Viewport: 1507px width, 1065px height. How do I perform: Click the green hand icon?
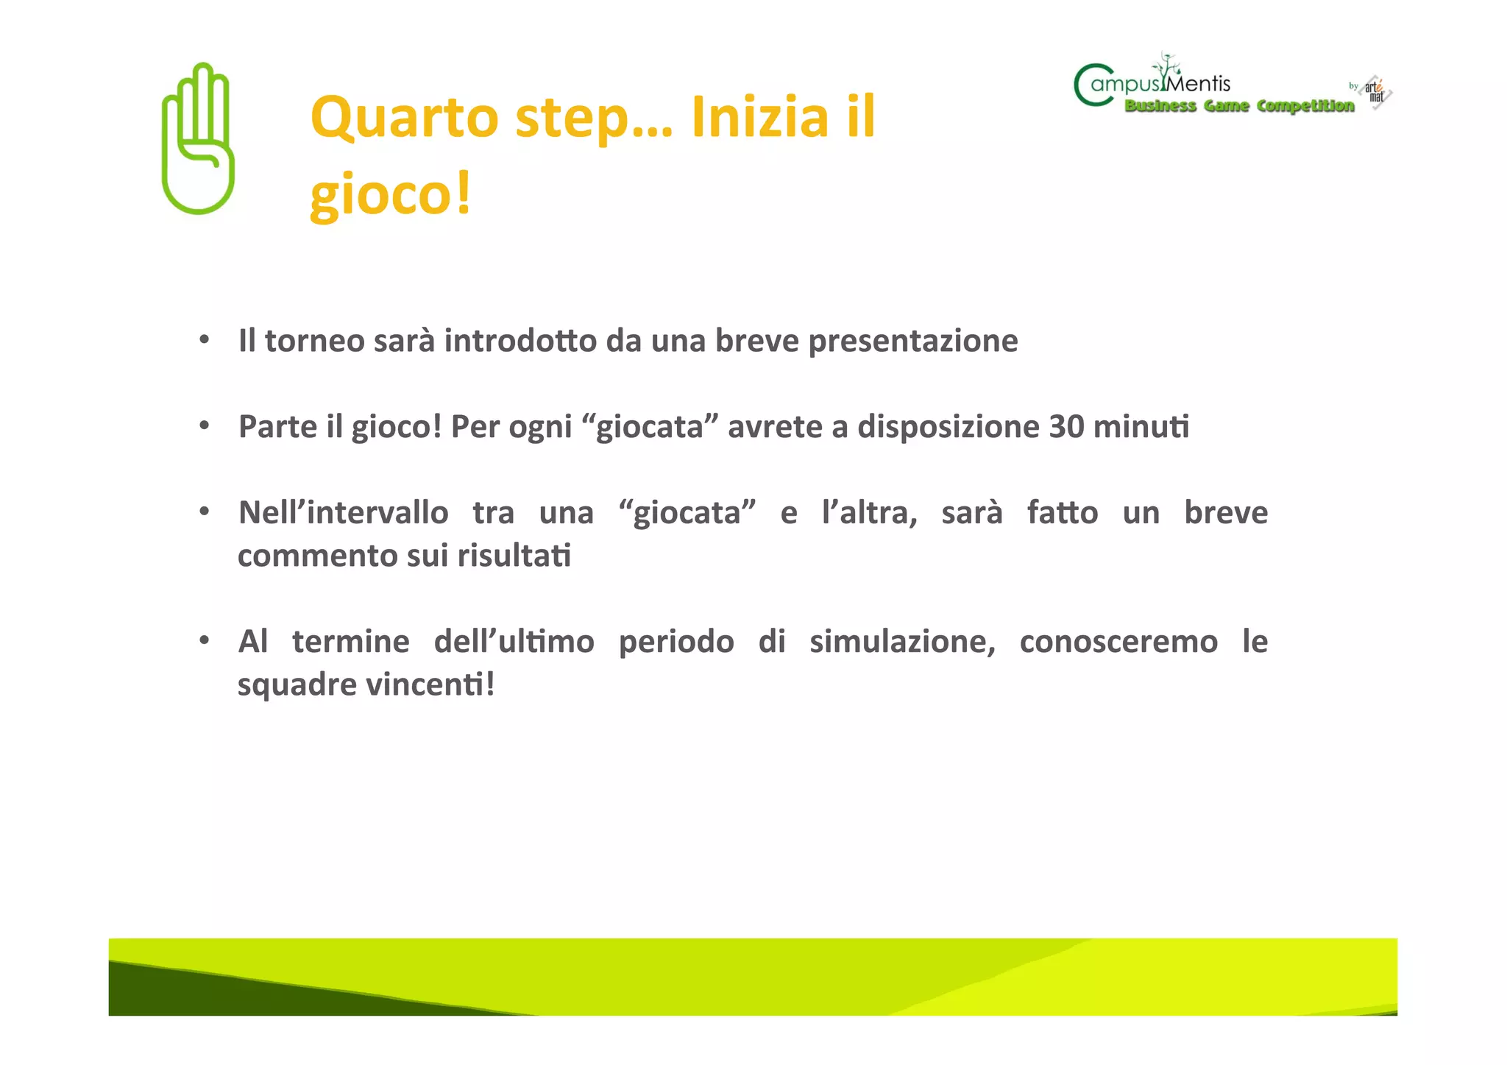click(x=197, y=140)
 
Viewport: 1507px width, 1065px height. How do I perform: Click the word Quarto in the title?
click(x=404, y=118)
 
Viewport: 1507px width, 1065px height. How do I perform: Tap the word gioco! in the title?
click(x=390, y=194)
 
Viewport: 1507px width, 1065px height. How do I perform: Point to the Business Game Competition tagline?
click(x=1239, y=106)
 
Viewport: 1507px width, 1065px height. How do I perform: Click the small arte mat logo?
click(x=1375, y=92)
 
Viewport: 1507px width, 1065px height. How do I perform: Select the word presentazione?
click(x=912, y=342)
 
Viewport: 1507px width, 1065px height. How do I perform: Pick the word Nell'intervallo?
click(x=343, y=512)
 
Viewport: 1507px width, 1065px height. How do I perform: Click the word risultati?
click(x=514, y=556)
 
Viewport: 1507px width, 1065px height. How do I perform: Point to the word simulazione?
click(x=902, y=641)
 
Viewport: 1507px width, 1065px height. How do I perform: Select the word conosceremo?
click(x=1118, y=641)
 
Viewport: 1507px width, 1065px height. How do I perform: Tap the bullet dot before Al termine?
click(x=205, y=640)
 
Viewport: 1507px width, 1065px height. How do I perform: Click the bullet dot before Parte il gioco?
click(x=205, y=425)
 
